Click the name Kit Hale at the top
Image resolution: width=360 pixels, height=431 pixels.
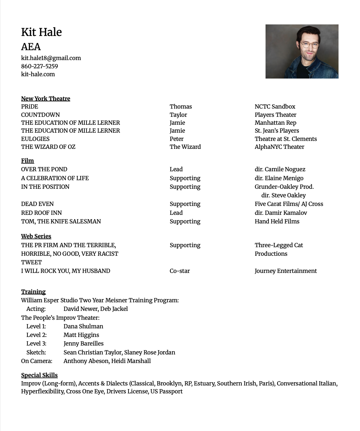pyautogui.click(x=41, y=32)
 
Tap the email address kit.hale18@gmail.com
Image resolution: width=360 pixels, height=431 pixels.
pyautogui.click(x=51, y=58)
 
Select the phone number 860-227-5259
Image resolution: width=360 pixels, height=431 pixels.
pyautogui.click(x=39, y=66)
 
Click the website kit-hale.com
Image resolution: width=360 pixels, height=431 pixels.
pyautogui.click(x=38, y=74)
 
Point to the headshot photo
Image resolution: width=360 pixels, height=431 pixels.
pyautogui.click(x=302, y=51)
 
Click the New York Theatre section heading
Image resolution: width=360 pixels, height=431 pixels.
pyautogui.click(x=46, y=99)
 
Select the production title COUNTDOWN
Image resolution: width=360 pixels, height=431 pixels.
pyautogui.click(x=40, y=115)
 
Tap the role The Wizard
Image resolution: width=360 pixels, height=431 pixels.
pyautogui.click(x=185, y=147)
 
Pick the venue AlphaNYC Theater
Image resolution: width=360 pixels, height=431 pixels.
pyautogui.click(x=279, y=147)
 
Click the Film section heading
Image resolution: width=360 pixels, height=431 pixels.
pyautogui.click(x=27, y=161)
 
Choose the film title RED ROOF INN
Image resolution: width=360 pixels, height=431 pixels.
pyautogui.click(x=41, y=213)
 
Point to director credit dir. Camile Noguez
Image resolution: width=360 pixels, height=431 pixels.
pyautogui.click(x=280, y=169)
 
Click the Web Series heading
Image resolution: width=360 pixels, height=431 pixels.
pyautogui.click(x=36, y=236)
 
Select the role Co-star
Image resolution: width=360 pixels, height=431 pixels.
pyautogui.click(x=180, y=271)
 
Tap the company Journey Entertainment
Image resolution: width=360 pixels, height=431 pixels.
pyautogui.click(x=285, y=271)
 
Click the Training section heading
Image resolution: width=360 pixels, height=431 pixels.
pyautogui.click(x=33, y=292)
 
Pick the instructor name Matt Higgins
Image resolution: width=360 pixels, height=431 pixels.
pyautogui.click(x=81, y=335)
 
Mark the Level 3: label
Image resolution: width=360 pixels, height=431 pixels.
pyautogui.click(x=36, y=344)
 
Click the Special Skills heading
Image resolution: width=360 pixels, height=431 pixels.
pyautogui.click(x=39, y=375)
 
